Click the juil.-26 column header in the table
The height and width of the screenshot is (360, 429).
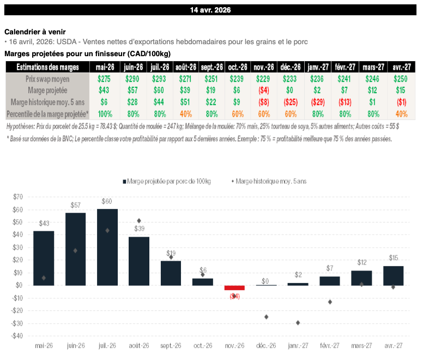point(159,67)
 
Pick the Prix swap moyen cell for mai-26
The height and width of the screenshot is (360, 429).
point(104,79)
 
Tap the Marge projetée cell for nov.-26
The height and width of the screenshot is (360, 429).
point(264,91)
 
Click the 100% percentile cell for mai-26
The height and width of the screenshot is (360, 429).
point(104,114)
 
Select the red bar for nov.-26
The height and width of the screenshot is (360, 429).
point(235,287)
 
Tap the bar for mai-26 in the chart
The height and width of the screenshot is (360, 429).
point(44,257)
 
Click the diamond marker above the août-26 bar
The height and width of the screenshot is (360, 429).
point(139,221)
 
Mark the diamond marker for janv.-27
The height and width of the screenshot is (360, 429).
point(298,322)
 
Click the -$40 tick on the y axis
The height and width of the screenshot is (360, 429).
point(17,336)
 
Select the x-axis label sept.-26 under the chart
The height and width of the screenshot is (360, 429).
point(171,346)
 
